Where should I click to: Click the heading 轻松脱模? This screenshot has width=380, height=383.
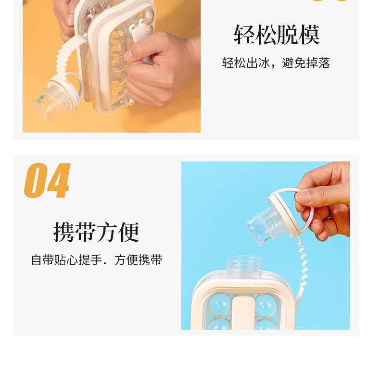pos(276,35)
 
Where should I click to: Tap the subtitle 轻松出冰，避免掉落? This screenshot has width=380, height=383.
pos(276,63)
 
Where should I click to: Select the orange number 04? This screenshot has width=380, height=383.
pos(47,180)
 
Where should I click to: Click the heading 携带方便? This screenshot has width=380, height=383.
pos(96,232)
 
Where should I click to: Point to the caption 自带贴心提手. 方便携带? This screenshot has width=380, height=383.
pos(97,260)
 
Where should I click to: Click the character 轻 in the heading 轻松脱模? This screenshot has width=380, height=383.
pos(244,35)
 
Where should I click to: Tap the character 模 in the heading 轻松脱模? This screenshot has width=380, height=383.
pos(309,35)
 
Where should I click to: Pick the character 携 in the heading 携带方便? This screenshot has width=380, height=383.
pos(64,232)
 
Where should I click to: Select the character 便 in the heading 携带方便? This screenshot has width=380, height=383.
pos(129,232)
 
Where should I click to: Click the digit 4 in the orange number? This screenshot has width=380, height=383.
pos(59,180)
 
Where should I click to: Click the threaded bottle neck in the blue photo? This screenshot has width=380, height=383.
pos(244,267)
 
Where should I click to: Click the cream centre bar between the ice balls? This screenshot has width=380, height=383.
pos(243,313)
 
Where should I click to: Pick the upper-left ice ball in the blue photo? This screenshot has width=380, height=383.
pos(219,306)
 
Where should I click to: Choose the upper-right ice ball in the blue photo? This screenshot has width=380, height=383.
pos(267,306)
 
